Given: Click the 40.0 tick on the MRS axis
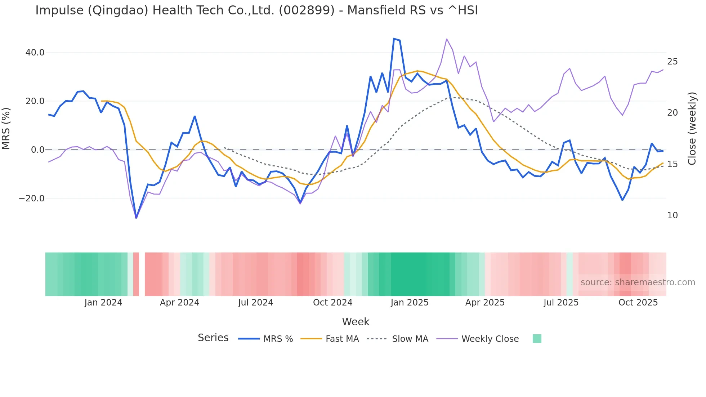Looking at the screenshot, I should pyautogui.click(x=35, y=53).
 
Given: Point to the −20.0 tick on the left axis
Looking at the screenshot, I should pyautogui.click(x=32, y=198).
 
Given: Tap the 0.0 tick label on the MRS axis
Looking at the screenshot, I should pyautogui.click(x=38, y=150).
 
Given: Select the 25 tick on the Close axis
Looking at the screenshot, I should pyautogui.click(x=673, y=62).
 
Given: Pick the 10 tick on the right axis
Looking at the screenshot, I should pyautogui.click(x=673, y=215).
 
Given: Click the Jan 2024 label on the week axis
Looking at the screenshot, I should pyautogui.click(x=103, y=303).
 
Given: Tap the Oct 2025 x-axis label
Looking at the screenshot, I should pyautogui.click(x=638, y=303).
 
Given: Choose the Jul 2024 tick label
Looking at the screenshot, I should pyautogui.click(x=256, y=303).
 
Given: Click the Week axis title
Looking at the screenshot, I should pyautogui.click(x=356, y=322).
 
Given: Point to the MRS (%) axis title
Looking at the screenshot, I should pyautogui.click(x=6, y=128).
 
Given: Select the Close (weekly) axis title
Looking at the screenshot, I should pyautogui.click(x=692, y=129).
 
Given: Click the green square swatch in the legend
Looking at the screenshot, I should pyautogui.click(x=537, y=339).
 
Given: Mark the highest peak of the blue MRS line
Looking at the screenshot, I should pyautogui.click(x=394, y=39).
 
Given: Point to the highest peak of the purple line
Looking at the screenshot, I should pyautogui.click(x=447, y=39).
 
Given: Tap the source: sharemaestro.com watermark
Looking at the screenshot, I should pyautogui.click(x=638, y=282).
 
